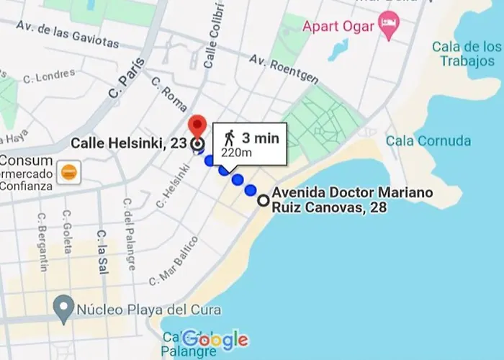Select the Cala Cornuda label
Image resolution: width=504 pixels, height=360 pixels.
(428, 140)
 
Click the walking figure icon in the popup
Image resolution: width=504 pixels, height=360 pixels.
(229, 136)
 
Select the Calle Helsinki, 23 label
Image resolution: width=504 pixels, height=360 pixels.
(129, 143)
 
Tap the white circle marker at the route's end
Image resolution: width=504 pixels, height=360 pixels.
(264, 201)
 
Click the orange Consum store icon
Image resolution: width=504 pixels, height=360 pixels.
(70, 171)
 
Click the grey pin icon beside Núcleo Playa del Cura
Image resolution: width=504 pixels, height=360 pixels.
(64, 310)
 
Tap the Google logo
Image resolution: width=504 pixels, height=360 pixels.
(215, 339)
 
